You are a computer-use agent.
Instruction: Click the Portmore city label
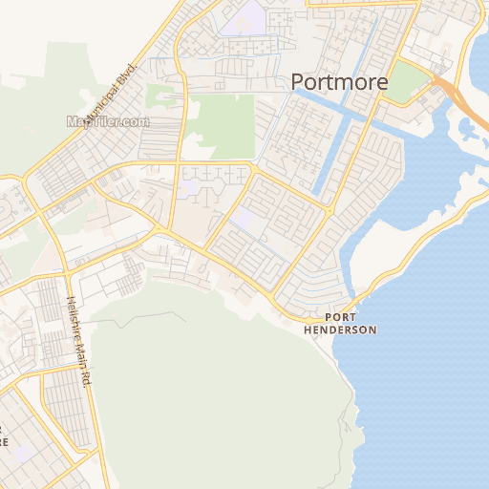point(339,82)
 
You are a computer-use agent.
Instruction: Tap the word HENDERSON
point(340,330)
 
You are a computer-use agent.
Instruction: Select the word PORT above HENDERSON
point(341,317)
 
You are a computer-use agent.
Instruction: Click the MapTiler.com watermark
point(108,121)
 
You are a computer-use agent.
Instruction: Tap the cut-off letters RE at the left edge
point(4,441)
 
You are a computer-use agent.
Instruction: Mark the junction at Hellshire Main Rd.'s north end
point(64,275)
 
